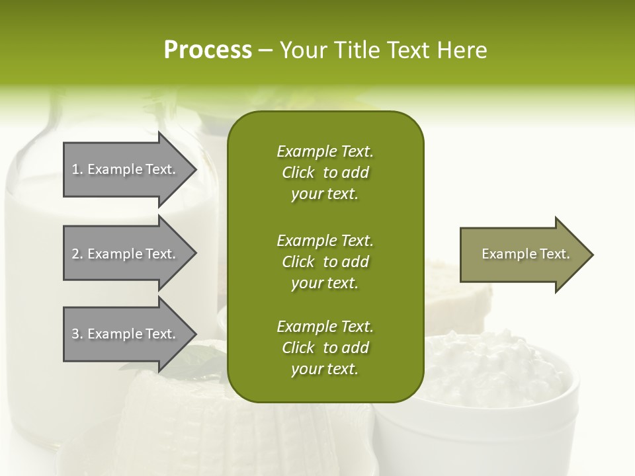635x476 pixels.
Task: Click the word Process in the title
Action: [208, 50]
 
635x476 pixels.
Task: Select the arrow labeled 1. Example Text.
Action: [126, 169]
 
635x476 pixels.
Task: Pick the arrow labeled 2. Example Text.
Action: [126, 254]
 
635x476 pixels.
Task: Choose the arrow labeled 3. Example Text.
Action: [126, 334]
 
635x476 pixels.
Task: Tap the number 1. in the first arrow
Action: [77, 169]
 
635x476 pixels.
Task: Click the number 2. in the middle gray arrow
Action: [77, 254]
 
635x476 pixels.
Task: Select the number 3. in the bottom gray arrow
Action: [77, 334]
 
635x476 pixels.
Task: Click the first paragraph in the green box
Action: [325, 173]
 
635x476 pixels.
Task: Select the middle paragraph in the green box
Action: [325, 262]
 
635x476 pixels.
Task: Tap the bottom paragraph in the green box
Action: [325, 348]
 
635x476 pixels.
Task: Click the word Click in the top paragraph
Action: [298, 173]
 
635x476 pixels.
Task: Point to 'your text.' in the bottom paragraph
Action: [325, 369]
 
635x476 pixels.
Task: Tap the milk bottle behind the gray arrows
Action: [40, 264]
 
